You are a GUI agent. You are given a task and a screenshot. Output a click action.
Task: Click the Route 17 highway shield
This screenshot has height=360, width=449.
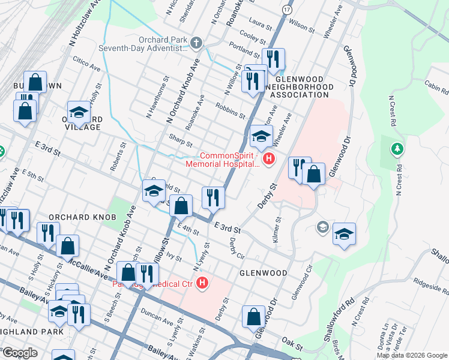pyautogui.click(x=288, y=10)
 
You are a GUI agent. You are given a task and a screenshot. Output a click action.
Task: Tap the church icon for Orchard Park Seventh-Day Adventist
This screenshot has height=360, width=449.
pyautogui.click(x=197, y=42)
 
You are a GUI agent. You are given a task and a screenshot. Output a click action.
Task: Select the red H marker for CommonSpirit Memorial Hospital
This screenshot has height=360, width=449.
pyautogui.click(x=269, y=159)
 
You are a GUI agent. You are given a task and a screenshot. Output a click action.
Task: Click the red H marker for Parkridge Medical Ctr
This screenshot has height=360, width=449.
pyautogui.click(x=203, y=282)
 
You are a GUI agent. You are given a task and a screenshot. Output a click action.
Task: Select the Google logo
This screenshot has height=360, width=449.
pyautogui.click(x=20, y=353)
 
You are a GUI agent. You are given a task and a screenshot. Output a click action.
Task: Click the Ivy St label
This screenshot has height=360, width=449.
pyautogui.click(x=173, y=256)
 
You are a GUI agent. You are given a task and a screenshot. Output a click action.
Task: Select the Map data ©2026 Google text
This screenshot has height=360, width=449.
pyautogui.click(x=412, y=355)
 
